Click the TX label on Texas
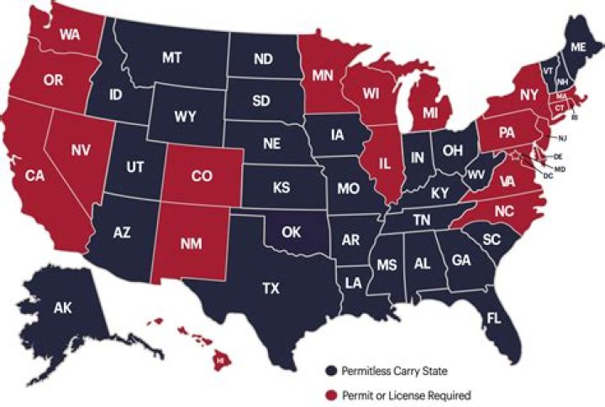271,288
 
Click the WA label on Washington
71,36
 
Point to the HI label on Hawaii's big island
220,358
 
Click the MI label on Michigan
431,112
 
